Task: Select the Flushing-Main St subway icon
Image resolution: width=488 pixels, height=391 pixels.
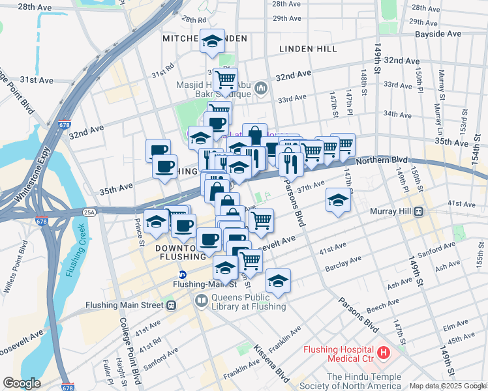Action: pos(183,274)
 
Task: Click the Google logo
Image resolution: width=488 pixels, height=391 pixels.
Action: pos(22,383)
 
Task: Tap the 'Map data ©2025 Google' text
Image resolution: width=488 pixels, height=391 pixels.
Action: pos(447,386)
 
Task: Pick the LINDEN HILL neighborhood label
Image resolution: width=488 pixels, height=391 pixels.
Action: pos(307,49)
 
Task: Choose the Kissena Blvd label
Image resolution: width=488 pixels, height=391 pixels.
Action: pos(271,364)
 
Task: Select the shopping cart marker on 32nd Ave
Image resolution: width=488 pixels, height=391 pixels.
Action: pos(225,80)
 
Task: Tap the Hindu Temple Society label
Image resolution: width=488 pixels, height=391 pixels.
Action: pos(369,381)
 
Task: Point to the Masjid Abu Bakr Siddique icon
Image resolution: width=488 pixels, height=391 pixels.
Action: pos(261,87)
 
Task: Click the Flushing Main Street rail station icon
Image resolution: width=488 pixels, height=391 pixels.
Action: pos(171,304)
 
